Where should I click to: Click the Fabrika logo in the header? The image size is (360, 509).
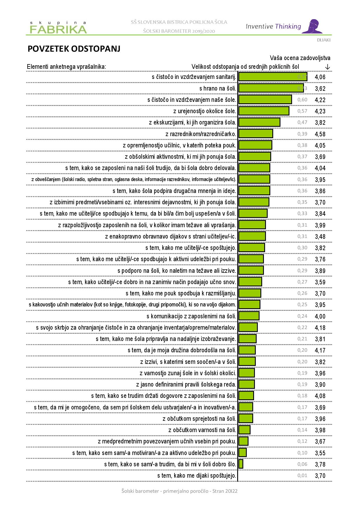click(x=58, y=27)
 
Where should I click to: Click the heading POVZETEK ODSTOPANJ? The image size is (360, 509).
click(x=74, y=49)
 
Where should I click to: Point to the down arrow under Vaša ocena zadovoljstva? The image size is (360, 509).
click(x=327, y=67)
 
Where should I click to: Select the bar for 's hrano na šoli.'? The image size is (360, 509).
click(x=271, y=88)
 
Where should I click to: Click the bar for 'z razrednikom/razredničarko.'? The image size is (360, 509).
click(x=255, y=134)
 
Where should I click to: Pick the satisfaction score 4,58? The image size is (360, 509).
click(x=320, y=134)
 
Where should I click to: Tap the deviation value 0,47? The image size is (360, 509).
click(x=302, y=122)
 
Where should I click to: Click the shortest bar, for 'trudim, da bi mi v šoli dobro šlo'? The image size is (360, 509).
click(x=241, y=464)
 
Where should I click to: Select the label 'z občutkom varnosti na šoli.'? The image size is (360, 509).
click(x=202, y=430)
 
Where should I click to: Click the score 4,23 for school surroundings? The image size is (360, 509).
click(x=320, y=111)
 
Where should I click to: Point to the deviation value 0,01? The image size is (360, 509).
click(x=302, y=475)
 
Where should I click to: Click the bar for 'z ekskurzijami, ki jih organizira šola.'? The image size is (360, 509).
click(x=259, y=122)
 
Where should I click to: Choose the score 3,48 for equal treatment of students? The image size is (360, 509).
click(x=320, y=237)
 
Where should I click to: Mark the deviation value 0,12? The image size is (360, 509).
click(x=302, y=441)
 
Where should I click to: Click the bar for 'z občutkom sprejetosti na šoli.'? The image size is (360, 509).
click(x=246, y=418)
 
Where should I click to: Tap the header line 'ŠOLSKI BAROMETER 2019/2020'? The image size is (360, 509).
click(x=179, y=31)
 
